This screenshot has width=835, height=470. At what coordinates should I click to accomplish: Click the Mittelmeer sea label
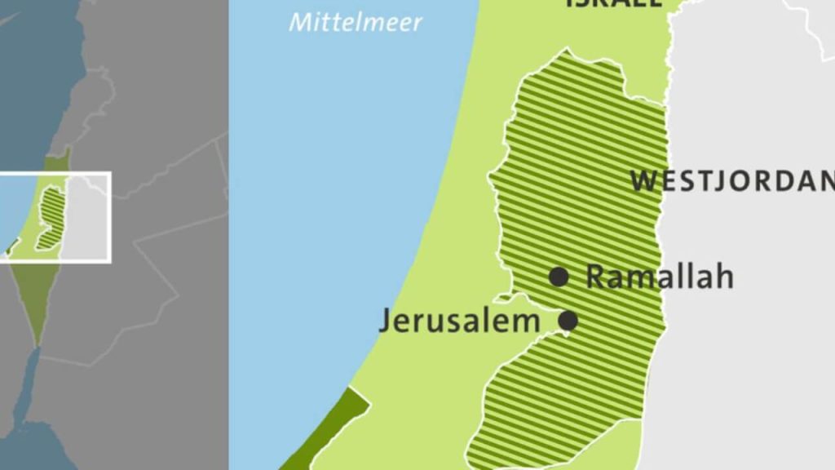(x=356, y=21)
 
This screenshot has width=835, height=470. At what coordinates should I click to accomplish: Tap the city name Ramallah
(x=660, y=277)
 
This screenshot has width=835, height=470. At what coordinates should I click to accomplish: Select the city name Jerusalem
(x=459, y=321)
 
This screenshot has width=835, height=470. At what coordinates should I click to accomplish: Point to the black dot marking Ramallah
(x=559, y=277)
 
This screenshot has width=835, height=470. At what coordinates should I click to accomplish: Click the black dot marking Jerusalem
(x=568, y=321)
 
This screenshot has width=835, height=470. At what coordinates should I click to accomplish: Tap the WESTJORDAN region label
(x=732, y=181)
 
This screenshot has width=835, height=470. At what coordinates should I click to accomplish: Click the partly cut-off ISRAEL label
(x=613, y=3)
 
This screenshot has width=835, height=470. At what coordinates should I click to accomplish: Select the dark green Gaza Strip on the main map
(x=326, y=432)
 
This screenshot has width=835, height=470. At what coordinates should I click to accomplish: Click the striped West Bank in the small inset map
(x=51, y=217)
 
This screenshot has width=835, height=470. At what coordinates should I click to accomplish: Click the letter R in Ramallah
(x=596, y=277)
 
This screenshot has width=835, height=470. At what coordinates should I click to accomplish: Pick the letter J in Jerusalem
(x=384, y=321)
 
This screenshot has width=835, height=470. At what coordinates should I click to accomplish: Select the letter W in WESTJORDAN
(x=644, y=181)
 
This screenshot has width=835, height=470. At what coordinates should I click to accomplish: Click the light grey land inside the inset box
(x=88, y=220)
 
